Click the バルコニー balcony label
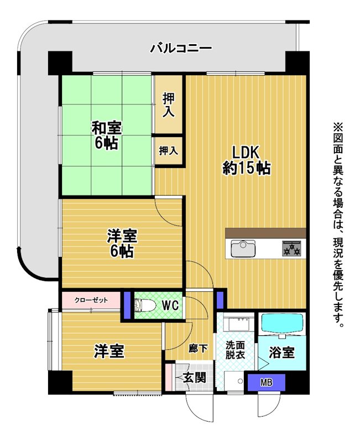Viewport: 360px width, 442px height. (181, 48)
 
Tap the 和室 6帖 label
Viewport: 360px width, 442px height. (106, 135)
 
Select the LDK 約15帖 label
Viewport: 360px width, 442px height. (246, 161)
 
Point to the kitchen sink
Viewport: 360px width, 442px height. (243, 248)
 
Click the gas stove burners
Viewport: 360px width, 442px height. (292, 248)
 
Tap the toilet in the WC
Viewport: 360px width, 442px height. (145, 306)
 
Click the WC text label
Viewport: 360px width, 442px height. (170, 305)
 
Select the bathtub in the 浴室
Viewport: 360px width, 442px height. (282, 324)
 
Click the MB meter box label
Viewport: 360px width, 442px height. (267, 382)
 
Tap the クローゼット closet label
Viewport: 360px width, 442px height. (91, 300)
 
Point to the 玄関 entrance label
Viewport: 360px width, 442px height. (195, 378)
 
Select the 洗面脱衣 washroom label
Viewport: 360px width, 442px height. (235, 350)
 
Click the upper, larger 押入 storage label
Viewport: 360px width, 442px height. (168, 104)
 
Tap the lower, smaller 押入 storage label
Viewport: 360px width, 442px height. (169, 151)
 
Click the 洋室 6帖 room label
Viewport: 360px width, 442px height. (122, 244)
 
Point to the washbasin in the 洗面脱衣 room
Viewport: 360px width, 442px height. (239, 324)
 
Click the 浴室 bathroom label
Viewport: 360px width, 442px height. (281, 352)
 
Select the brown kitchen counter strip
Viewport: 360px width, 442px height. (266, 233)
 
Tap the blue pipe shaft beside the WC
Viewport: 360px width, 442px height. (128, 305)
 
